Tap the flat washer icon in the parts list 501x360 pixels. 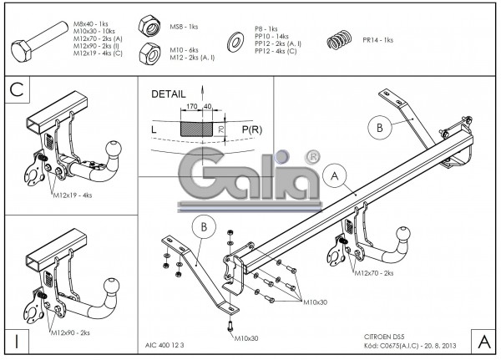[232, 40]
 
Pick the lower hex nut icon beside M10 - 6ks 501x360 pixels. [151, 53]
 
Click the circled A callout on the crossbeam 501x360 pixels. [334, 176]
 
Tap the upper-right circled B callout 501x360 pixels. [379, 128]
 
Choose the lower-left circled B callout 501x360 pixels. [204, 226]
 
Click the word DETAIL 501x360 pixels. [169, 95]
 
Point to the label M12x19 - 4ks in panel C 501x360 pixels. [73, 195]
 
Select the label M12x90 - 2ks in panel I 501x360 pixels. [72, 332]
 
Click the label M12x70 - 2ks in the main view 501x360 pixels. [374, 272]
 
